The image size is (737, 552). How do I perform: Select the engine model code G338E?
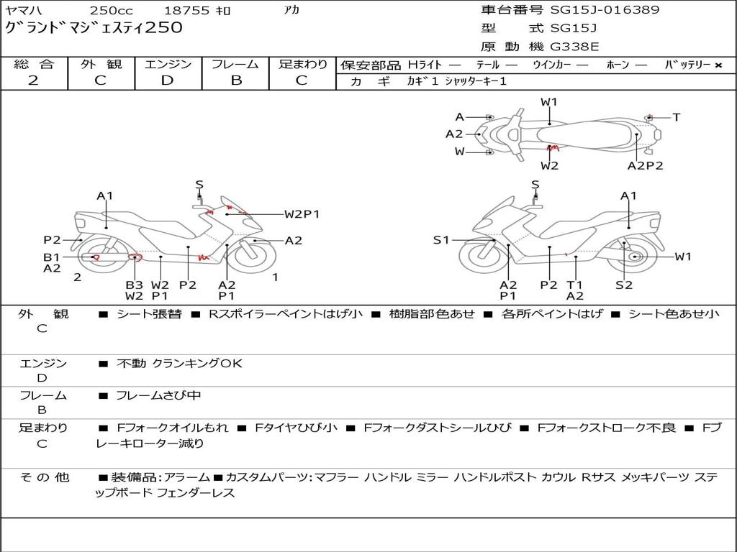[574, 47]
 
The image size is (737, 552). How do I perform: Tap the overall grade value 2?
[33, 80]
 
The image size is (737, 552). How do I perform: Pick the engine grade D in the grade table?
[167, 80]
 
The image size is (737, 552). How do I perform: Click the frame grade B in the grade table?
[235, 80]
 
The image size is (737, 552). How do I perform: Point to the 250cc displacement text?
[112, 11]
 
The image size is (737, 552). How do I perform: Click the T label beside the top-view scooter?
[677, 117]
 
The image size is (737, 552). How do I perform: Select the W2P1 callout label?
[302, 213]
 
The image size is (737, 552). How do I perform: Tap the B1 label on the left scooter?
[51, 257]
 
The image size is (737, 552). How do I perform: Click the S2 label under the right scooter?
[624, 285]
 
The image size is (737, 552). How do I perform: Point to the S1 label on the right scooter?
[441, 240]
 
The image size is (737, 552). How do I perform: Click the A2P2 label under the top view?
[645, 165]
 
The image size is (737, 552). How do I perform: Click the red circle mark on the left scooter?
[133, 257]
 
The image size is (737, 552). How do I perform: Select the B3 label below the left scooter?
[134, 285]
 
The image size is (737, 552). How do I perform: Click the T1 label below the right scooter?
[574, 285]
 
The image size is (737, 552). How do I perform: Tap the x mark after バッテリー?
[718, 65]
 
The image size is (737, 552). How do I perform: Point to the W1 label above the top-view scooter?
[549, 102]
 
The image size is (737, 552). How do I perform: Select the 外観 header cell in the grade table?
[101, 65]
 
